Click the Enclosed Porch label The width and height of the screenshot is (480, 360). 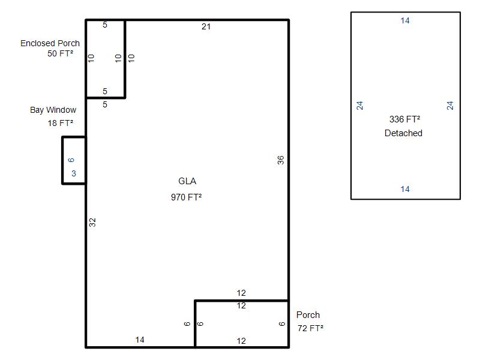50,43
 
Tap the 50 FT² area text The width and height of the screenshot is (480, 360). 61,53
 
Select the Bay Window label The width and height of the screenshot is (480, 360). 53,110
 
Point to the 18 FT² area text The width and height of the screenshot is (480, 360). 61,123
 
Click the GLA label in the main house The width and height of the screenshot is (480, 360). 187,181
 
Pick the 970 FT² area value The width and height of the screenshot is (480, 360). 187,197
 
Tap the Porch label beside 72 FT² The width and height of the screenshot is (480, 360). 308,314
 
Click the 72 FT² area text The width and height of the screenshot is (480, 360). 310,328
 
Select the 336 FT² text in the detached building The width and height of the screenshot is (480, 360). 404,119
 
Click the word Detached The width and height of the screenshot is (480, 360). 403,133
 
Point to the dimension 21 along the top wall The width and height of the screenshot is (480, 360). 206,26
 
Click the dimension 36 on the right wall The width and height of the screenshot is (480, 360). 281,160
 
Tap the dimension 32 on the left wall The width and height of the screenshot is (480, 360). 92,223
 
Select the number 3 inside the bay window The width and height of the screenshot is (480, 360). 74,173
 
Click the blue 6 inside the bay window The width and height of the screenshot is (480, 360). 71,160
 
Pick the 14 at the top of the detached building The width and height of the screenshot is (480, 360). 405,20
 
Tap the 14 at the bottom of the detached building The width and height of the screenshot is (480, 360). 405,189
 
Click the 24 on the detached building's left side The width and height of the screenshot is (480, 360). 359,106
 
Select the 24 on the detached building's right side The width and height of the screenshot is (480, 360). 449,106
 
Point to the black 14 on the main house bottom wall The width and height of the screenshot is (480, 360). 140,340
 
